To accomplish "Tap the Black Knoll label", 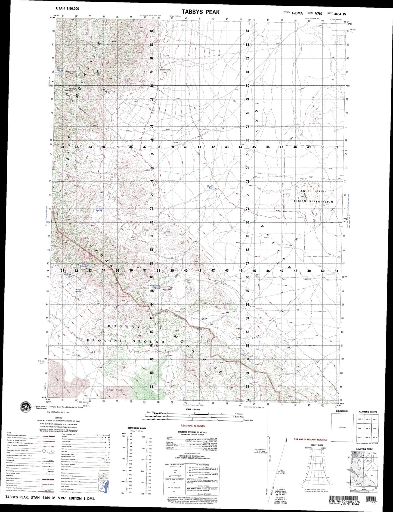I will pyautogui.click(x=165, y=70).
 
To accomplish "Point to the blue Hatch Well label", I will pyautogui.click(x=209, y=187).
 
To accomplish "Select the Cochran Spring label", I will pyautogui.click(x=94, y=210).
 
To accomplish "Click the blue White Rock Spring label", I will pyautogui.click(x=154, y=287).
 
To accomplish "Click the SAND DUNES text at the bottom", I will pyautogui.click(x=116, y=390).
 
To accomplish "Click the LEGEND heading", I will pyautogui.click(x=58, y=418).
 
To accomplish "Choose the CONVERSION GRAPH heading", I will pyautogui.click(x=138, y=428).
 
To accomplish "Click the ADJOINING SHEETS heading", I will pyautogui.click(x=368, y=412).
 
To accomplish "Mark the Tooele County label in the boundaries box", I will pyautogui.click(x=342, y=427).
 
